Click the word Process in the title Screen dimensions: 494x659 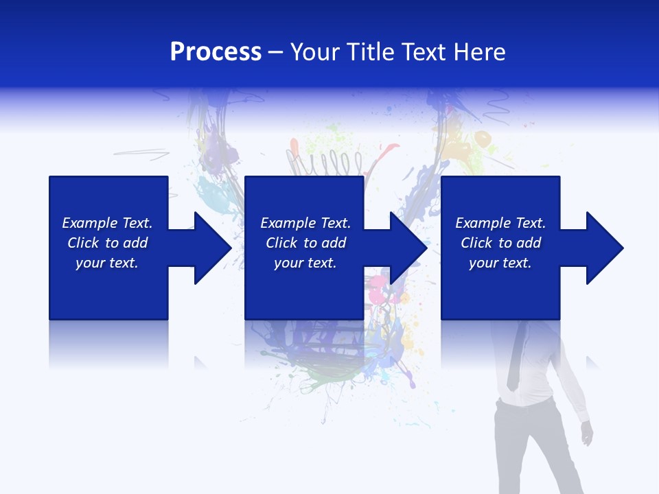coord(216,52)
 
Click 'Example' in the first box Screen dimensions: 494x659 coord(90,223)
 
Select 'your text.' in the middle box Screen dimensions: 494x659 coord(305,263)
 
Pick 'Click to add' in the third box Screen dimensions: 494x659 coord(500,243)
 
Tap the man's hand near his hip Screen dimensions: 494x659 coord(587,432)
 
